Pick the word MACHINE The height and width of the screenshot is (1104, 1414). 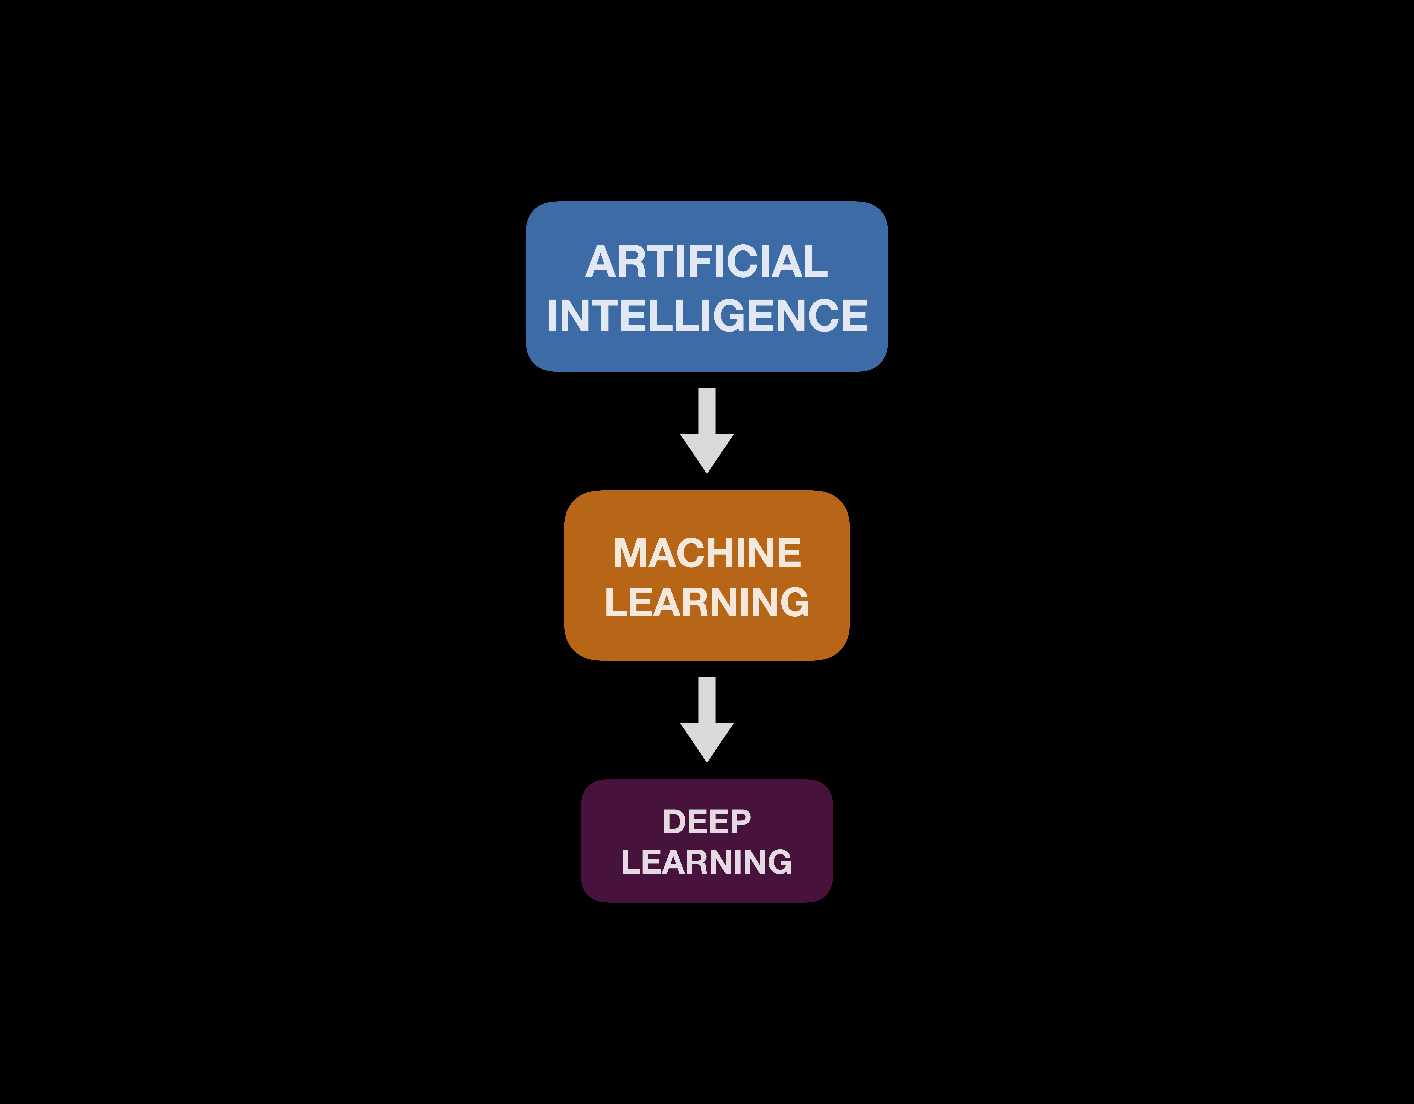[x=707, y=553]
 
